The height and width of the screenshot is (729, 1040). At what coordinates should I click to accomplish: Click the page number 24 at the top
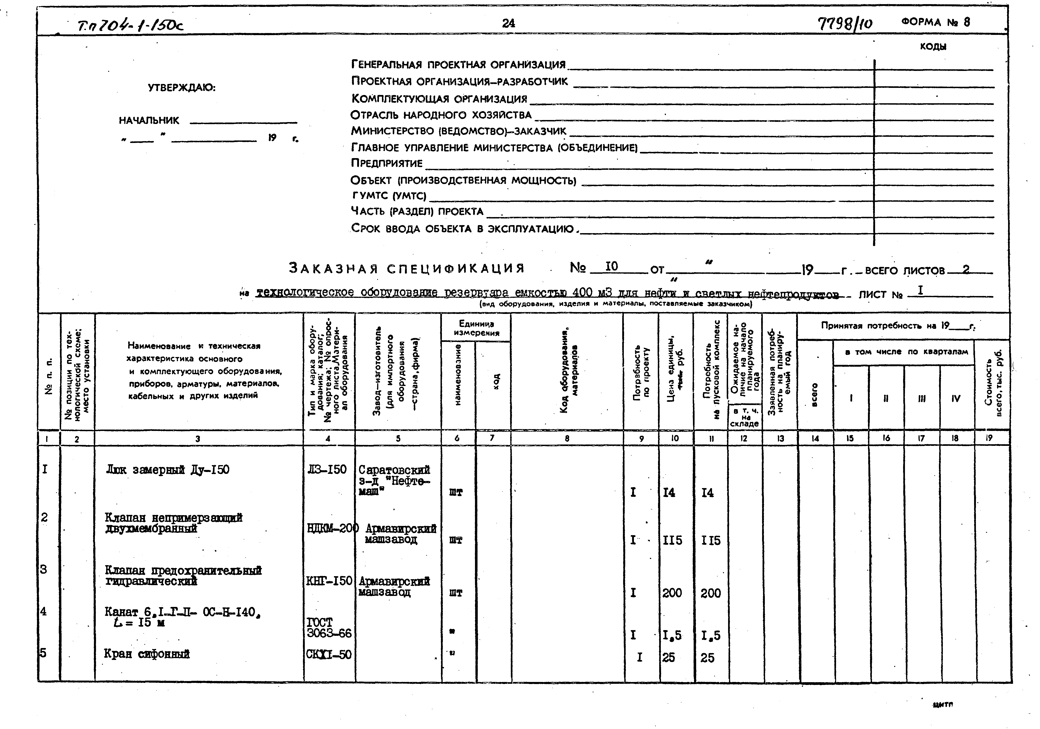pyautogui.click(x=508, y=23)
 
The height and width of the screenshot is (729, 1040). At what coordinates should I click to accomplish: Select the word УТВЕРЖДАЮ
pyautogui.click(x=182, y=88)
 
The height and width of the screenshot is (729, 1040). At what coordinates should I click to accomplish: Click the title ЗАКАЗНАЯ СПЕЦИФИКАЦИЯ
pyautogui.click(x=406, y=269)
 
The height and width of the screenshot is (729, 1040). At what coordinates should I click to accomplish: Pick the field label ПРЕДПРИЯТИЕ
pyautogui.click(x=386, y=163)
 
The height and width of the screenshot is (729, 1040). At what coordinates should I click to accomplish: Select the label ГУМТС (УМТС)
pyautogui.click(x=389, y=196)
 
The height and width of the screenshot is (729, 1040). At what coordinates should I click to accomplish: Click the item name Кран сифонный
pyautogui.click(x=147, y=654)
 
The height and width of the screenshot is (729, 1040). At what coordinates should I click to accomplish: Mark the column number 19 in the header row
pyautogui.click(x=989, y=438)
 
